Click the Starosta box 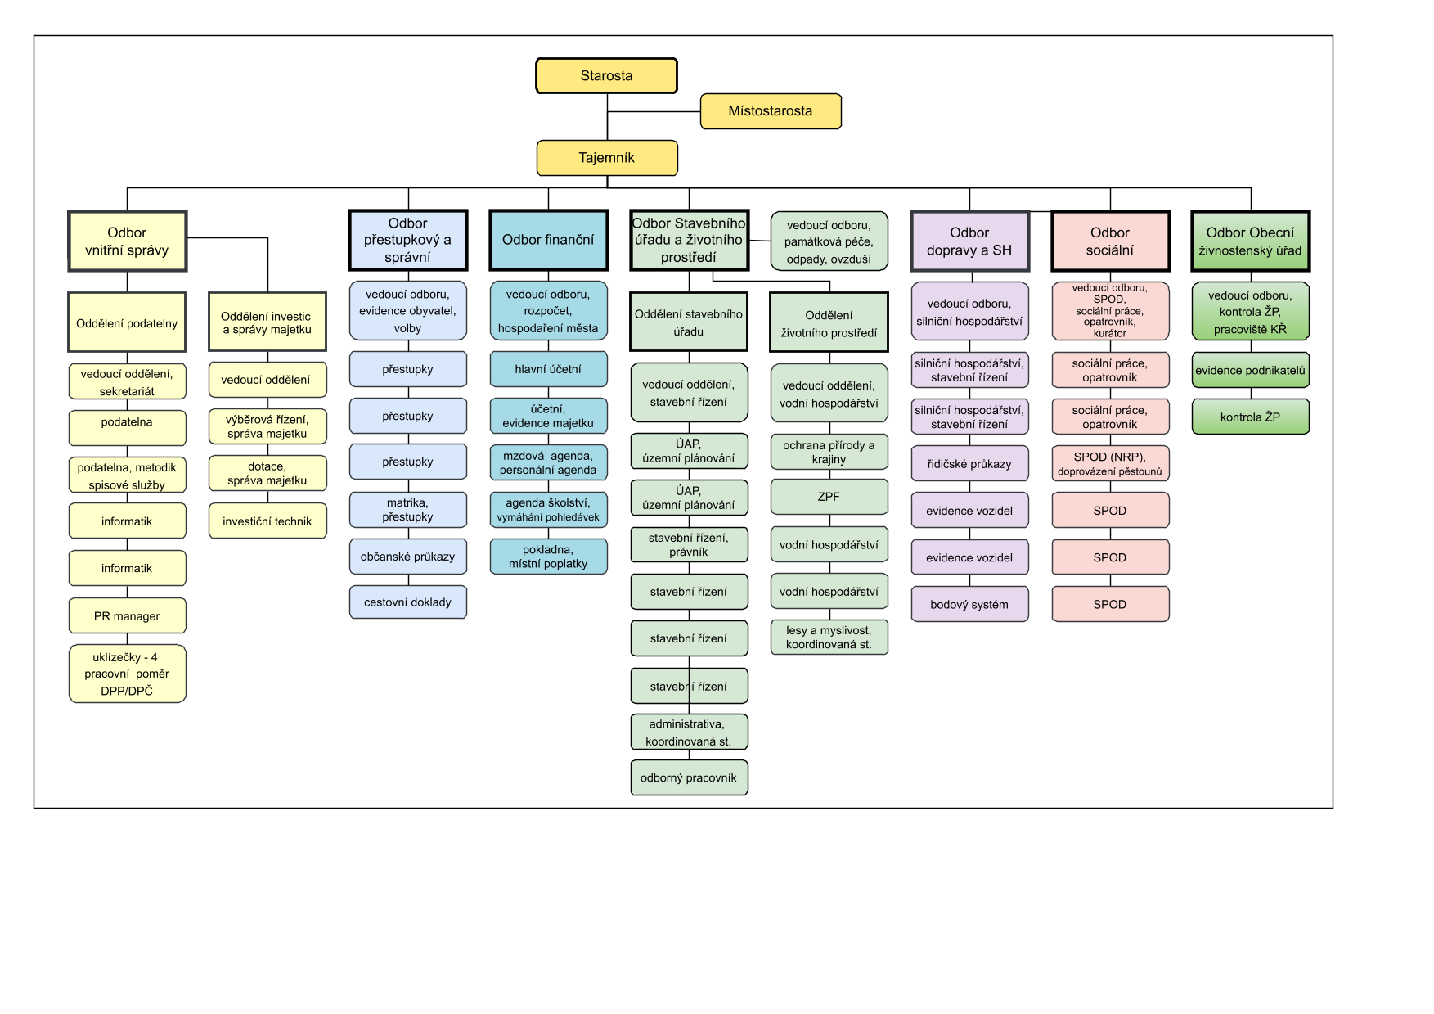coord(606,76)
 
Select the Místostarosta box coord(770,111)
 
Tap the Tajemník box coord(606,158)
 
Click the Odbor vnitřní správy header coord(127,241)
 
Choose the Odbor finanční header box coord(548,240)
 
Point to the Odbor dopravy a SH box coord(969,241)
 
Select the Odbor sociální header coord(1110,241)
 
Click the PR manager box coord(127,616)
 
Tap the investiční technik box coord(267,521)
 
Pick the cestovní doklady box coord(407,602)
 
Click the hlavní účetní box coord(548,369)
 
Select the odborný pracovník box coord(689,777)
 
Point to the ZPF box coord(829,497)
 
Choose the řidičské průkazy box coord(969,464)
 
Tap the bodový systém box coord(969,605)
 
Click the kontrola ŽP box coord(1250,417)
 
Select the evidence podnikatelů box coord(1250,370)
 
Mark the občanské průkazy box coord(407,557)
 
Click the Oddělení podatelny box coord(127,323)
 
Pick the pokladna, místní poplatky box coord(548,557)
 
